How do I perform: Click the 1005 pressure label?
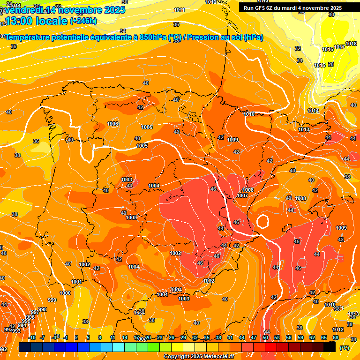pos(142,146)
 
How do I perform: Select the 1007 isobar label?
pos(242,195)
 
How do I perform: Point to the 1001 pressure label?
pos(77,282)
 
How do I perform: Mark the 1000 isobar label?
pos(65,293)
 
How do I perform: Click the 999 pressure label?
pos(52,300)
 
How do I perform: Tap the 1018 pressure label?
pos(351,44)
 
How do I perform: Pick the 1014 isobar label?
pos(313,111)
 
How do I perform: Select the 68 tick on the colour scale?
pos(336,337)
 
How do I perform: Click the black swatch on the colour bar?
pos(330,347)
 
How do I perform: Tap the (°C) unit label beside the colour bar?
pos(344,347)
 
